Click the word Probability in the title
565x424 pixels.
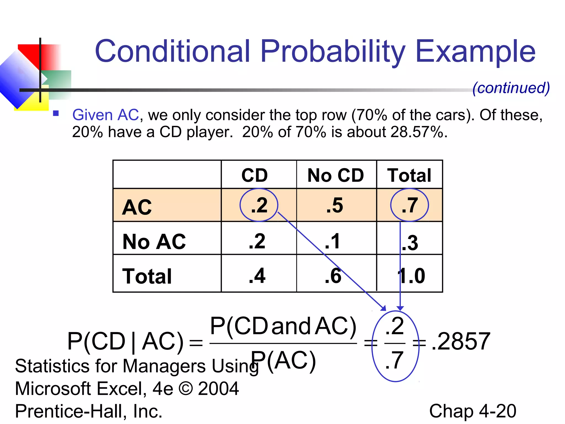333,52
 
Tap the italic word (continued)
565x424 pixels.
511,88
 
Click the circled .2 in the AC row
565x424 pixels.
259,205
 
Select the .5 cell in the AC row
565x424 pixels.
335,205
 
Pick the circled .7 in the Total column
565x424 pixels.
410,205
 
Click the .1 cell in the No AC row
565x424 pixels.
332,241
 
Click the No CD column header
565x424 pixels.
336,175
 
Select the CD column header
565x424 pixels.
255,175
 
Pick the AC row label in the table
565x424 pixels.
137,207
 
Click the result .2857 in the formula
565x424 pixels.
461,341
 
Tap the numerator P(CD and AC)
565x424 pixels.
283,326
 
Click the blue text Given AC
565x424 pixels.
105,115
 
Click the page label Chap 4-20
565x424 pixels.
473,411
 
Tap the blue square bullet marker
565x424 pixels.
56,113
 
